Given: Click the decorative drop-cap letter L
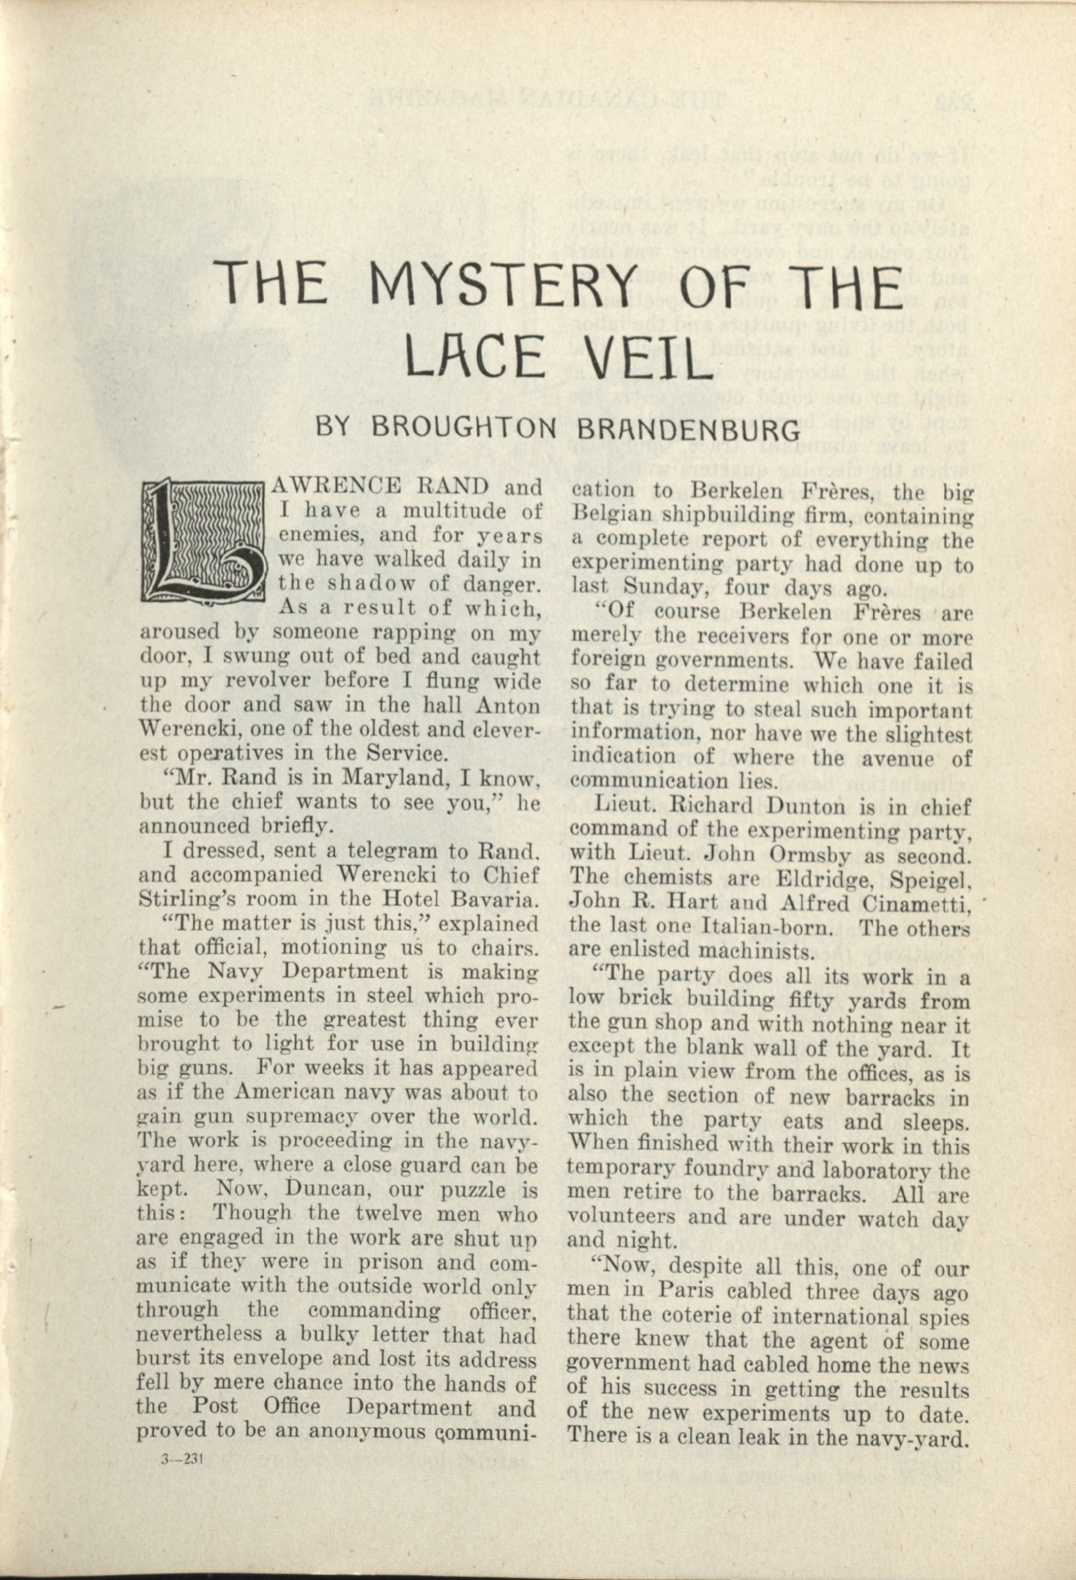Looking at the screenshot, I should [x=202, y=541].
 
